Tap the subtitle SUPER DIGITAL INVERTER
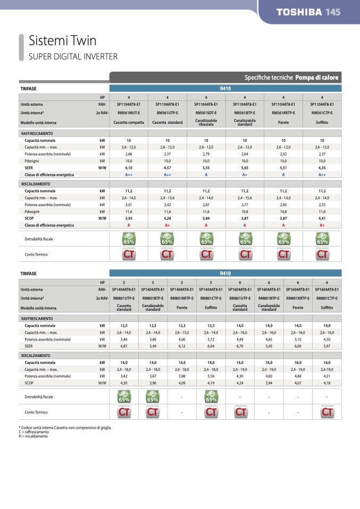73,56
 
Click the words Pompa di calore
317,77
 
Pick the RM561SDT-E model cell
206,113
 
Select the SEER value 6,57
168,167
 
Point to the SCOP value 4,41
322,218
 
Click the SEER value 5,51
283,167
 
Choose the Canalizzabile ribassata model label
206,122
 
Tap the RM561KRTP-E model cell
283,113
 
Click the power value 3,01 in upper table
129,204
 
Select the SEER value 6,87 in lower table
124,346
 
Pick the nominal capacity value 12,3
182,325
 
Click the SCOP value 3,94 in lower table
269,383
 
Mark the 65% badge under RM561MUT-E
129,239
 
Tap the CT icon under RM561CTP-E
322,254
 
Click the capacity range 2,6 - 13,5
182,332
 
